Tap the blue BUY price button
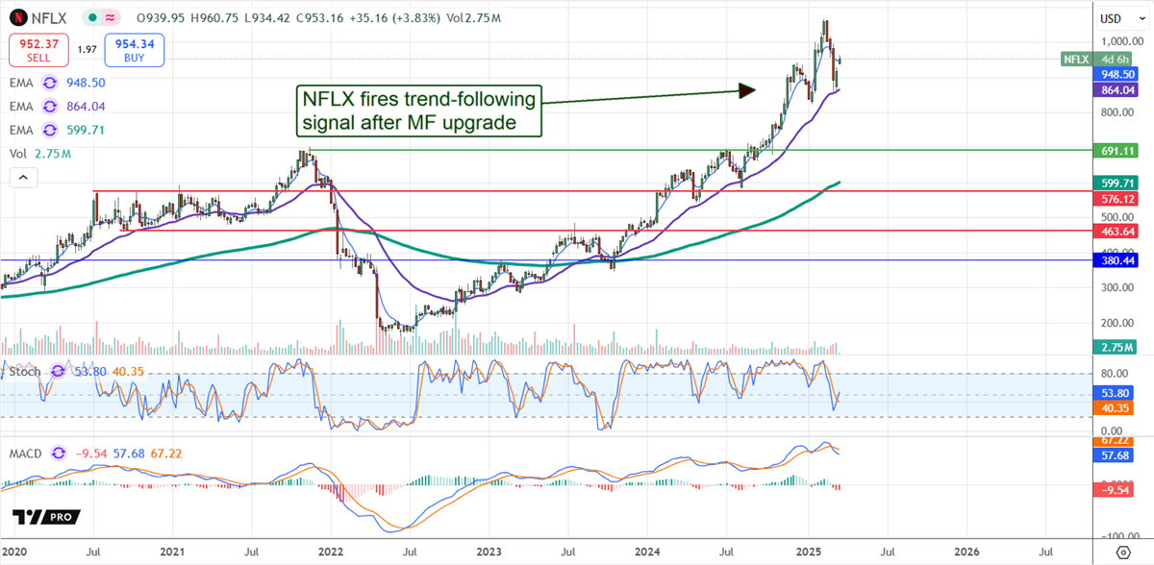click(x=135, y=49)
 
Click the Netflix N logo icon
click(x=17, y=17)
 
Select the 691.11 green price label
click(x=1117, y=151)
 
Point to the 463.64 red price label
click(x=1117, y=232)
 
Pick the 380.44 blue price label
click(x=1117, y=260)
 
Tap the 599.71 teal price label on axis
click(x=1117, y=183)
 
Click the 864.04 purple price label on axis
click(x=1117, y=89)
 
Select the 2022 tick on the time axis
click(x=330, y=553)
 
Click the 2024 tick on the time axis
click(x=647, y=553)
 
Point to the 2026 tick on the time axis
click(x=966, y=553)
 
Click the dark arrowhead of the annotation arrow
click(x=747, y=90)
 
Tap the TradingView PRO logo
click(x=47, y=517)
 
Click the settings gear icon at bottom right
click(x=1121, y=553)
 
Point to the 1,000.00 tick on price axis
click(x=1117, y=41)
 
